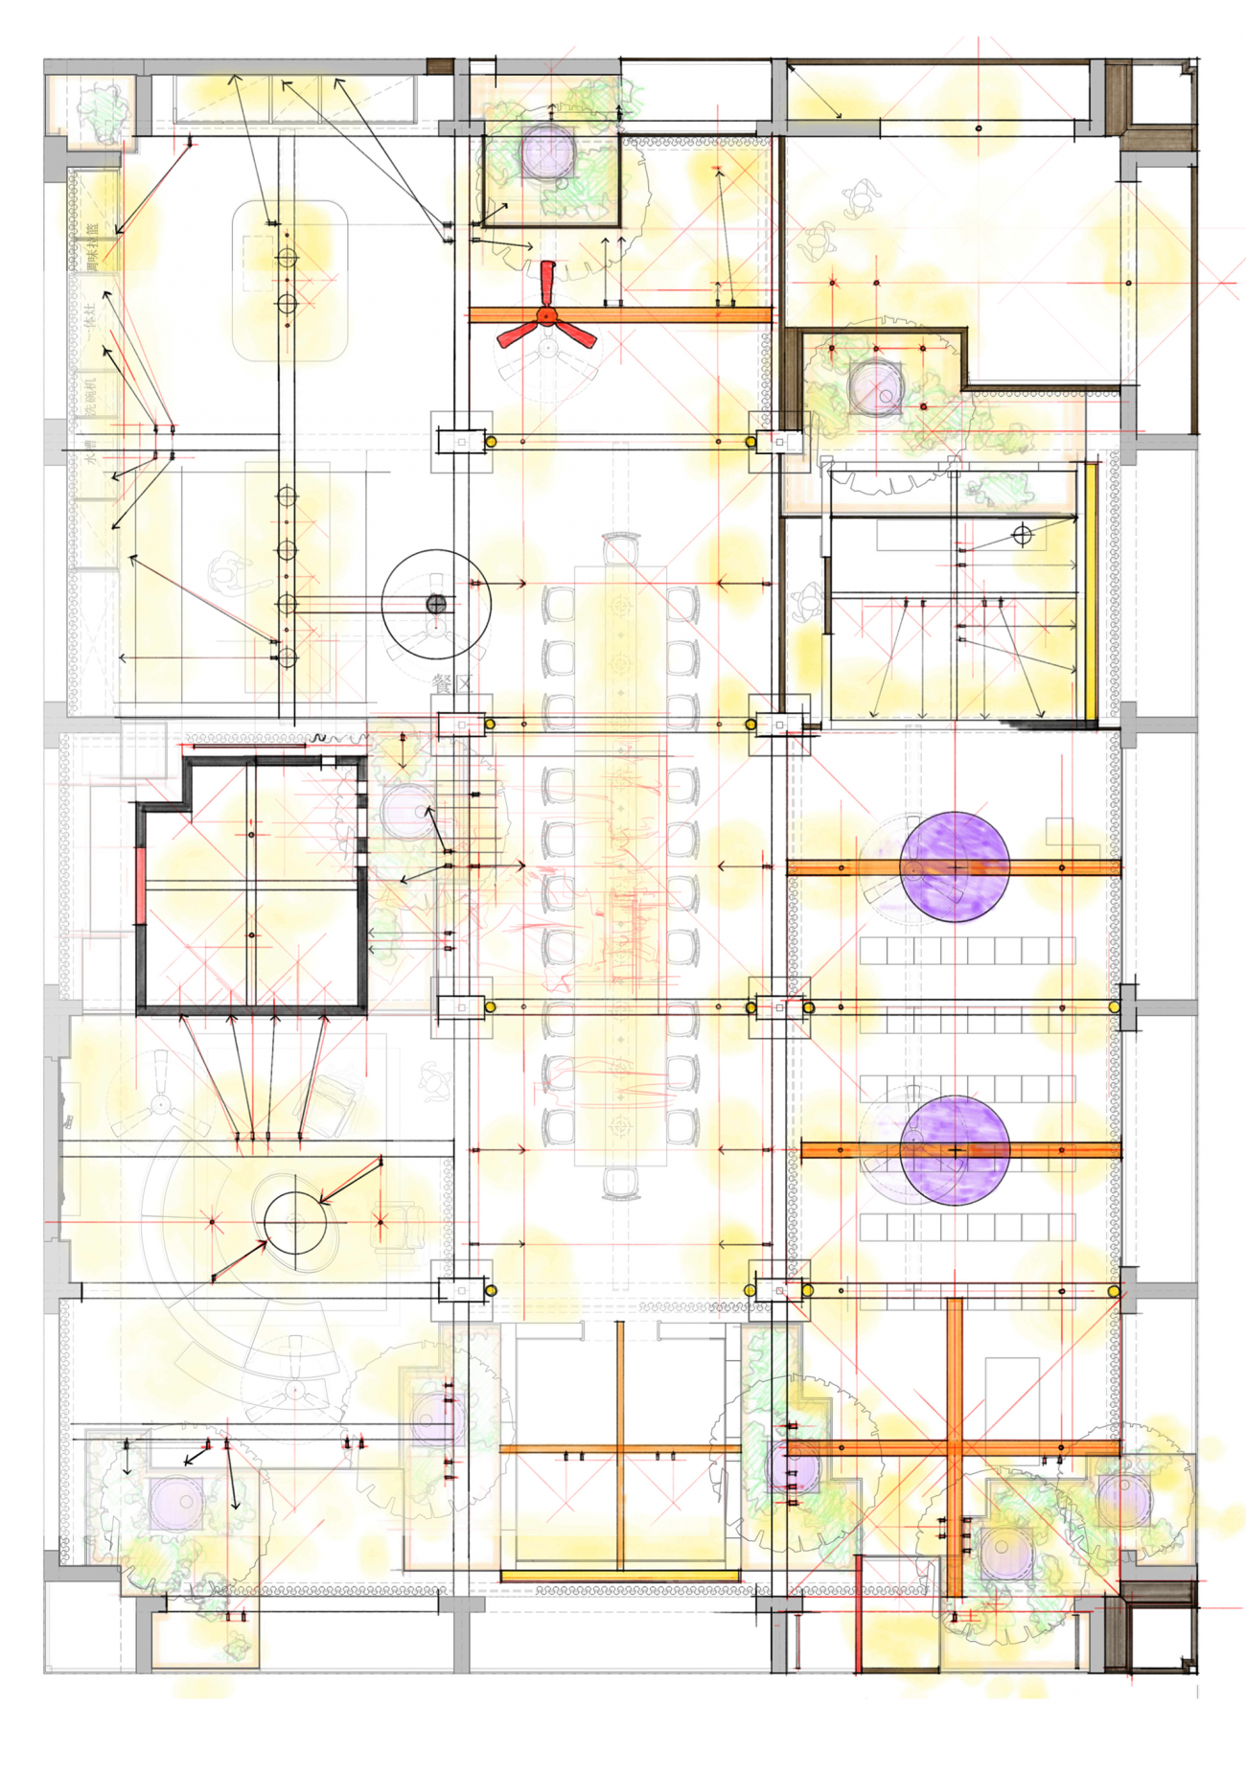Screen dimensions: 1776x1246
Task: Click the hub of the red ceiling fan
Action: [x=546, y=314]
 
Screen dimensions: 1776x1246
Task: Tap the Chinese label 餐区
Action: [x=453, y=684]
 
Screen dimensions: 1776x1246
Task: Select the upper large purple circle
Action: [x=955, y=866]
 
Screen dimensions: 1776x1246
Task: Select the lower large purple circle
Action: [x=955, y=1150]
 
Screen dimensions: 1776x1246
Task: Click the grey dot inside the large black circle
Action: [x=436, y=604]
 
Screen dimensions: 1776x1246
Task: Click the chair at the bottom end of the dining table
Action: [x=621, y=1183]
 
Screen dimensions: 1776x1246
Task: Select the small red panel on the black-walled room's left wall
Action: [x=141, y=887]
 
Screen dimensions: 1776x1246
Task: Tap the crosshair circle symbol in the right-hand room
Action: [x=1022, y=535]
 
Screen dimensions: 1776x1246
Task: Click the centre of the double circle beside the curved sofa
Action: [x=295, y=1222]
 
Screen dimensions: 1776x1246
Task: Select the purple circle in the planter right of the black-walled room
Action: [x=406, y=812]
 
